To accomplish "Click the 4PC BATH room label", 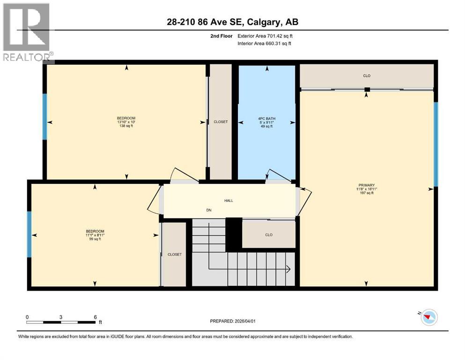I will pyautogui.click(x=266, y=118).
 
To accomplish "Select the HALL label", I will pyautogui.click(x=229, y=201).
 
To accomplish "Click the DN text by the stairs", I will pyautogui.click(x=209, y=210).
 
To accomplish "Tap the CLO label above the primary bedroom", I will pyautogui.click(x=367, y=75).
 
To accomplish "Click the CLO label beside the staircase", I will pyautogui.click(x=268, y=235).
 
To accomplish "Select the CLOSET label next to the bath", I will pyautogui.click(x=220, y=122).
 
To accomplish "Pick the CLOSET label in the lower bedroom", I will pyautogui.click(x=174, y=255).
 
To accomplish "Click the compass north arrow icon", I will pyautogui.click(x=428, y=318).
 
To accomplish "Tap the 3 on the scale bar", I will pyautogui.click(x=61, y=317).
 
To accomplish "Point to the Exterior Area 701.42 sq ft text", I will pyautogui.click(x=266, y=36).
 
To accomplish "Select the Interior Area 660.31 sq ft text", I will pyautogui.click(x=265, y=44).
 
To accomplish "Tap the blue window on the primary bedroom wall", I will pyautogui.click(x=435, y=144).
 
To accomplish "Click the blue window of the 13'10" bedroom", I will pyautogui.click(x=45, y=117).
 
